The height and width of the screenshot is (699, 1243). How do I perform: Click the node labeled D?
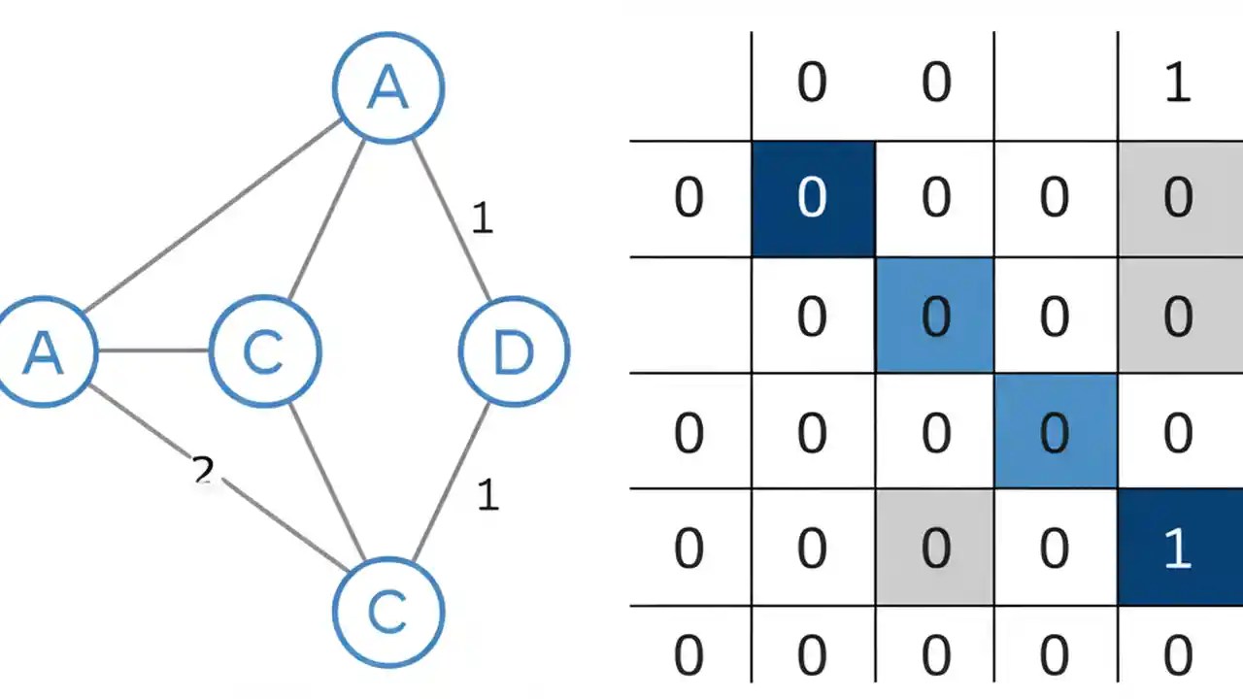tap(513, 351)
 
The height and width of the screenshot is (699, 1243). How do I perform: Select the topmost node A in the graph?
tap(388, 88)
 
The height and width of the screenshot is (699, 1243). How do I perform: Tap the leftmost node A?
tap(43, 351)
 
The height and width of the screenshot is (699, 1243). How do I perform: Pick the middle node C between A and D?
tap(264, 351)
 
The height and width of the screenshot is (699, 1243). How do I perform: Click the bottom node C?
tap(387, 612)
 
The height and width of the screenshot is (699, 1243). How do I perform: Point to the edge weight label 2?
tap(203, 471)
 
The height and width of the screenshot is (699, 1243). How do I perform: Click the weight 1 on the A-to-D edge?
tap(482, 218)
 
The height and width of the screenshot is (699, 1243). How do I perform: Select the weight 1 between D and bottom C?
tap(487, 495)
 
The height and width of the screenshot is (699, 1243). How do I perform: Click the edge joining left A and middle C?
tap(153, 350)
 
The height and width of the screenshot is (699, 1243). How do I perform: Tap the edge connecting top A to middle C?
tap(326, 218)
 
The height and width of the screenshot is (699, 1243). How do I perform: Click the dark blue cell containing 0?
tap(813, 199)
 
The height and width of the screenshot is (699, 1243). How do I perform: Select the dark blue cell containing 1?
tap(1179, 548)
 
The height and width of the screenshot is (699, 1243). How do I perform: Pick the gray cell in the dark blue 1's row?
tap(934, 548)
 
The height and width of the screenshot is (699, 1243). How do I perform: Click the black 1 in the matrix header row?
tap(1177, 83)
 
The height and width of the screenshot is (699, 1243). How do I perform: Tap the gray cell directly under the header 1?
tap(1179, 199)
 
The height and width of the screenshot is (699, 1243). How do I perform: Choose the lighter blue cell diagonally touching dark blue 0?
tap(934, 316)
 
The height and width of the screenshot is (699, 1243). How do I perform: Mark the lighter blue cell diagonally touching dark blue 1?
tap(1055, 432)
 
